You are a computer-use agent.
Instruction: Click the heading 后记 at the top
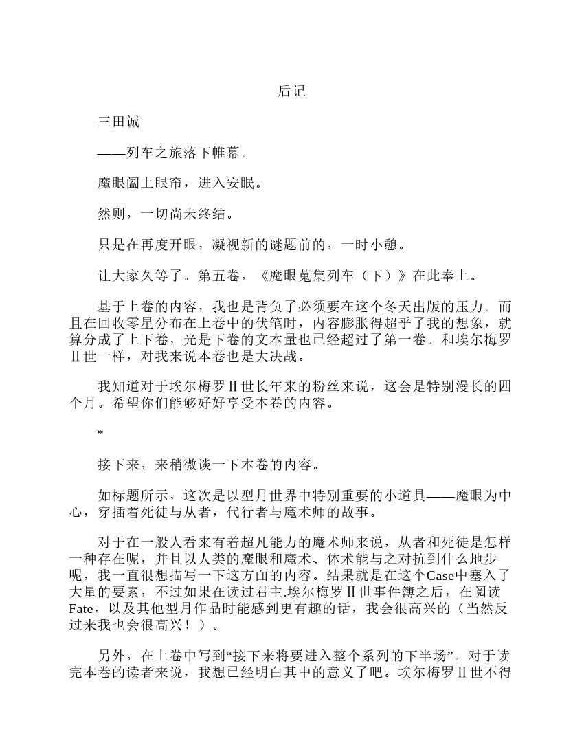(291, 91)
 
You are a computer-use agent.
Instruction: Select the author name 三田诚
(118, 122)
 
